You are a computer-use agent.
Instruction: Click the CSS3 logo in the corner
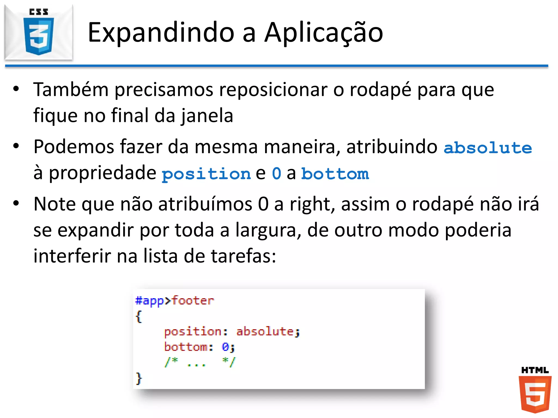coord(39,32)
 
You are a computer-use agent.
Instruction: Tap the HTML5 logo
coord(535,390)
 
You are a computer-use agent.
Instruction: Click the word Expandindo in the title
coord(161,33)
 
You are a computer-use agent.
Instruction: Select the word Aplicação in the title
coord(324,33)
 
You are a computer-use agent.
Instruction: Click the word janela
coord(207,115)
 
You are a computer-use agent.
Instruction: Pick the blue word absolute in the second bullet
coord(488,148)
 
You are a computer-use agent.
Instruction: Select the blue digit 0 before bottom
coord(277,173)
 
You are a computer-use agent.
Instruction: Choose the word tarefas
coord(244,256)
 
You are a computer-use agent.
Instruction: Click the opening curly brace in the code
coord(139,316)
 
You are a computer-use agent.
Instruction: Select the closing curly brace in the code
coord(139,378)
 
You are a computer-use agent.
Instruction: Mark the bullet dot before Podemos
coord(16,146)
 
